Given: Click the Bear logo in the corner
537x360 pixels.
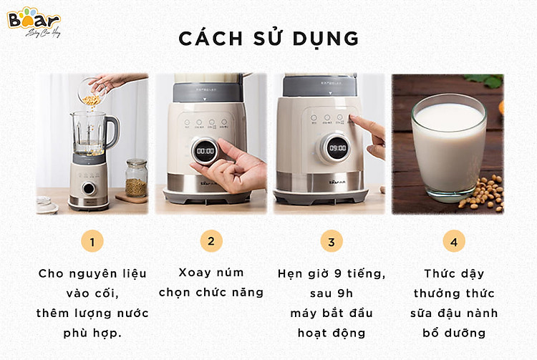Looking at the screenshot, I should [x=33, y=21].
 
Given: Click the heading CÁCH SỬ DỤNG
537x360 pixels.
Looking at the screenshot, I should [x=268, y=38].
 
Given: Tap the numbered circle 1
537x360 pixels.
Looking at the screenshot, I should [x=92, y=241].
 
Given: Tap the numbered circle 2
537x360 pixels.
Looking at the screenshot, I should [x=211, y=241].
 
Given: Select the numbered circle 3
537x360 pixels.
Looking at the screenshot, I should [x=331, y=241].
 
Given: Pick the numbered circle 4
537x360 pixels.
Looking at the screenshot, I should [x=453, y=241].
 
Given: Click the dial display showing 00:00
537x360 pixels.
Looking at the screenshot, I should [x=206, y=151].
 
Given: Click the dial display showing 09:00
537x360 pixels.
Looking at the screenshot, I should [x=337, y=148].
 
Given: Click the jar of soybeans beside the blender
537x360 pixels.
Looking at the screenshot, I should [x=136, y=178].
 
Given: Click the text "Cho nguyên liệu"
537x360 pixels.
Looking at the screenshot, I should [x=92, y=273].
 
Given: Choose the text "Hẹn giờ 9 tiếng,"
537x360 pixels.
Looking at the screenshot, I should [x=331, y=273].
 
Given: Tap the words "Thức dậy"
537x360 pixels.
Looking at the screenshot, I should [x=453, y=273].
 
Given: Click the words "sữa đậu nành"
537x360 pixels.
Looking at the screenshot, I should [x=453, y=313].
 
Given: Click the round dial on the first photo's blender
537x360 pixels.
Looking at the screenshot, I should [x=88, y=188].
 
